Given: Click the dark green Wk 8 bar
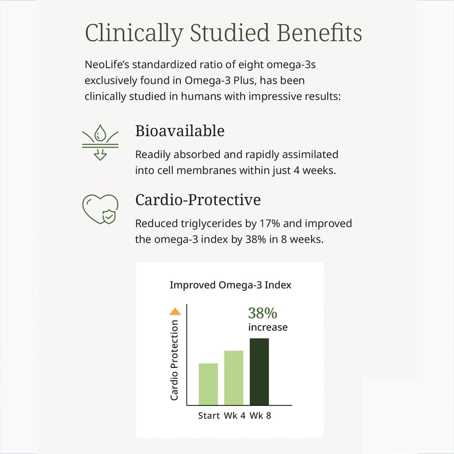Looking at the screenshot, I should click(259, 372).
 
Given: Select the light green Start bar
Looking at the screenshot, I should click(208, 384).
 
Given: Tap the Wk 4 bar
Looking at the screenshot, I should click(234, 378).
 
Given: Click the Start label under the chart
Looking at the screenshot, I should click(209, 416).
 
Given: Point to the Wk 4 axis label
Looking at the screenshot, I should click(235, 416).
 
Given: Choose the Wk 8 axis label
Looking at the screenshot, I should click(260, 416).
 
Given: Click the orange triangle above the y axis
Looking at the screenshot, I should click(175, 311).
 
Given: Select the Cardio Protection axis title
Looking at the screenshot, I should click(174, 360).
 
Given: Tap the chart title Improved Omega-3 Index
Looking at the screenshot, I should click(230, 285).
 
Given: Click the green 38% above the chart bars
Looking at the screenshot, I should click(262, 313).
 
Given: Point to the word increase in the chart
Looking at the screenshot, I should click(268, 327).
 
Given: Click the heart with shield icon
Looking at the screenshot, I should click(100, 209).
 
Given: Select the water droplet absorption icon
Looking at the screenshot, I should click(100, 143).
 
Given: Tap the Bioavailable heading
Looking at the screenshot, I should click(179, 131).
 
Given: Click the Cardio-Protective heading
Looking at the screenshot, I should click(198, 200).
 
